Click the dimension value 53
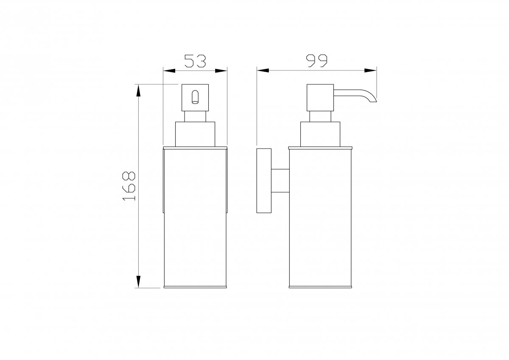tap(195, 61)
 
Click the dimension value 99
tap(317, 61)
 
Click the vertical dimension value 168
tap(129, 186)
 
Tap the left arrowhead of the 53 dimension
tap(169, 71)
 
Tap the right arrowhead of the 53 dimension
tap(221, 71)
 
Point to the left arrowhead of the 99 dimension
tap(263, 70)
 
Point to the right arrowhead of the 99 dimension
tap(370, 70)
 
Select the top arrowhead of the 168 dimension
tap(138, 90)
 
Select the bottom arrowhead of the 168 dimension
tap(138, 282)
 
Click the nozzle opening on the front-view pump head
tap(195, 97)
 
